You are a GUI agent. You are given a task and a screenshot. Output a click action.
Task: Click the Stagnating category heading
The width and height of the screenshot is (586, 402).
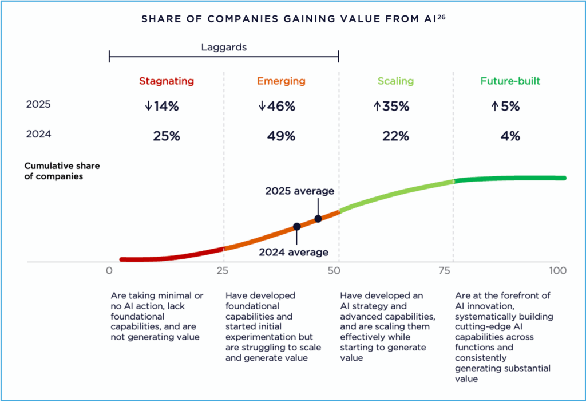pos(167,81)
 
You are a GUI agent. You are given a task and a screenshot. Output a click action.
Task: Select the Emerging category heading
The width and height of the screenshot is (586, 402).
pos(281,81)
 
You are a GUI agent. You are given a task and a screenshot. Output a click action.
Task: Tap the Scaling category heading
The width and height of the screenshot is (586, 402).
pos(395,81)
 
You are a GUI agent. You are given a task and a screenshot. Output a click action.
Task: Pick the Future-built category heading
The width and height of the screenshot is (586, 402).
pos(510,81)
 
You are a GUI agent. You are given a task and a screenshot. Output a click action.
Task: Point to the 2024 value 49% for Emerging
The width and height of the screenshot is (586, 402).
pos(281,136)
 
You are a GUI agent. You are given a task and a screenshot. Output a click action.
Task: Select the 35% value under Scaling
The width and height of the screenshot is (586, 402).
pos(395,106)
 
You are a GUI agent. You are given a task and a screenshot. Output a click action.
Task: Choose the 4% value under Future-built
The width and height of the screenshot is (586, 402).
pos(510,136)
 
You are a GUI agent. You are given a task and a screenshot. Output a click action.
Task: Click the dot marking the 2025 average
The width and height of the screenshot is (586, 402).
pos(318,219)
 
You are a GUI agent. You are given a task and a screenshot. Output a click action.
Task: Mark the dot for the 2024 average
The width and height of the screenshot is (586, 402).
pos(296,227)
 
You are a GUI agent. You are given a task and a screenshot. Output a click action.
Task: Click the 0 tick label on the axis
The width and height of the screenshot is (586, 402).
pos(109,271)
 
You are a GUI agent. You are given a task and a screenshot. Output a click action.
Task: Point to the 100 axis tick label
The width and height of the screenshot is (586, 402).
pos(558,271)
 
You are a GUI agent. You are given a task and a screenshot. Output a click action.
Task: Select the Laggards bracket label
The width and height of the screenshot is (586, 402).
pos(224,47)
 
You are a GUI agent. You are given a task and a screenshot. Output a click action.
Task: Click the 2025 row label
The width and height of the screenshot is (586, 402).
pos(38,104)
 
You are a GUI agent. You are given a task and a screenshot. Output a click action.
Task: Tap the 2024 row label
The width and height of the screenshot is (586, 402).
pos(38,135)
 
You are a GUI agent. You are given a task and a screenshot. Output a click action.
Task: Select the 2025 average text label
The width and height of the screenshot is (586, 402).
pos(299,191)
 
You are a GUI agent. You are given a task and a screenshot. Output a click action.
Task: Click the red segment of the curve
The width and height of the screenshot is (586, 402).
pos(172,257)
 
